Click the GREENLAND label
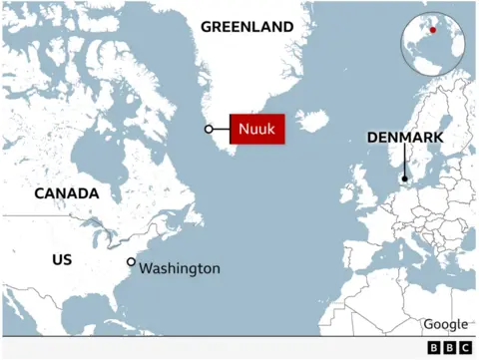coord(247,27)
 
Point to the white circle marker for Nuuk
coord(209,129)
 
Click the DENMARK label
coord(404,138)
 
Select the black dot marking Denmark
coord(404,180)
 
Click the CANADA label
coord(67,193)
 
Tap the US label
coord(62,259)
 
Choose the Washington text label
coord(180,268)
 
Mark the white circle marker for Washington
coord(131,261)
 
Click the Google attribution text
coord(445,324)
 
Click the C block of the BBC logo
coord(464,348)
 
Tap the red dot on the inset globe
coord(433,30)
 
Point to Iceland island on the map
coord(311,122)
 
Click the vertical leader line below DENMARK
coord(404,162)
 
